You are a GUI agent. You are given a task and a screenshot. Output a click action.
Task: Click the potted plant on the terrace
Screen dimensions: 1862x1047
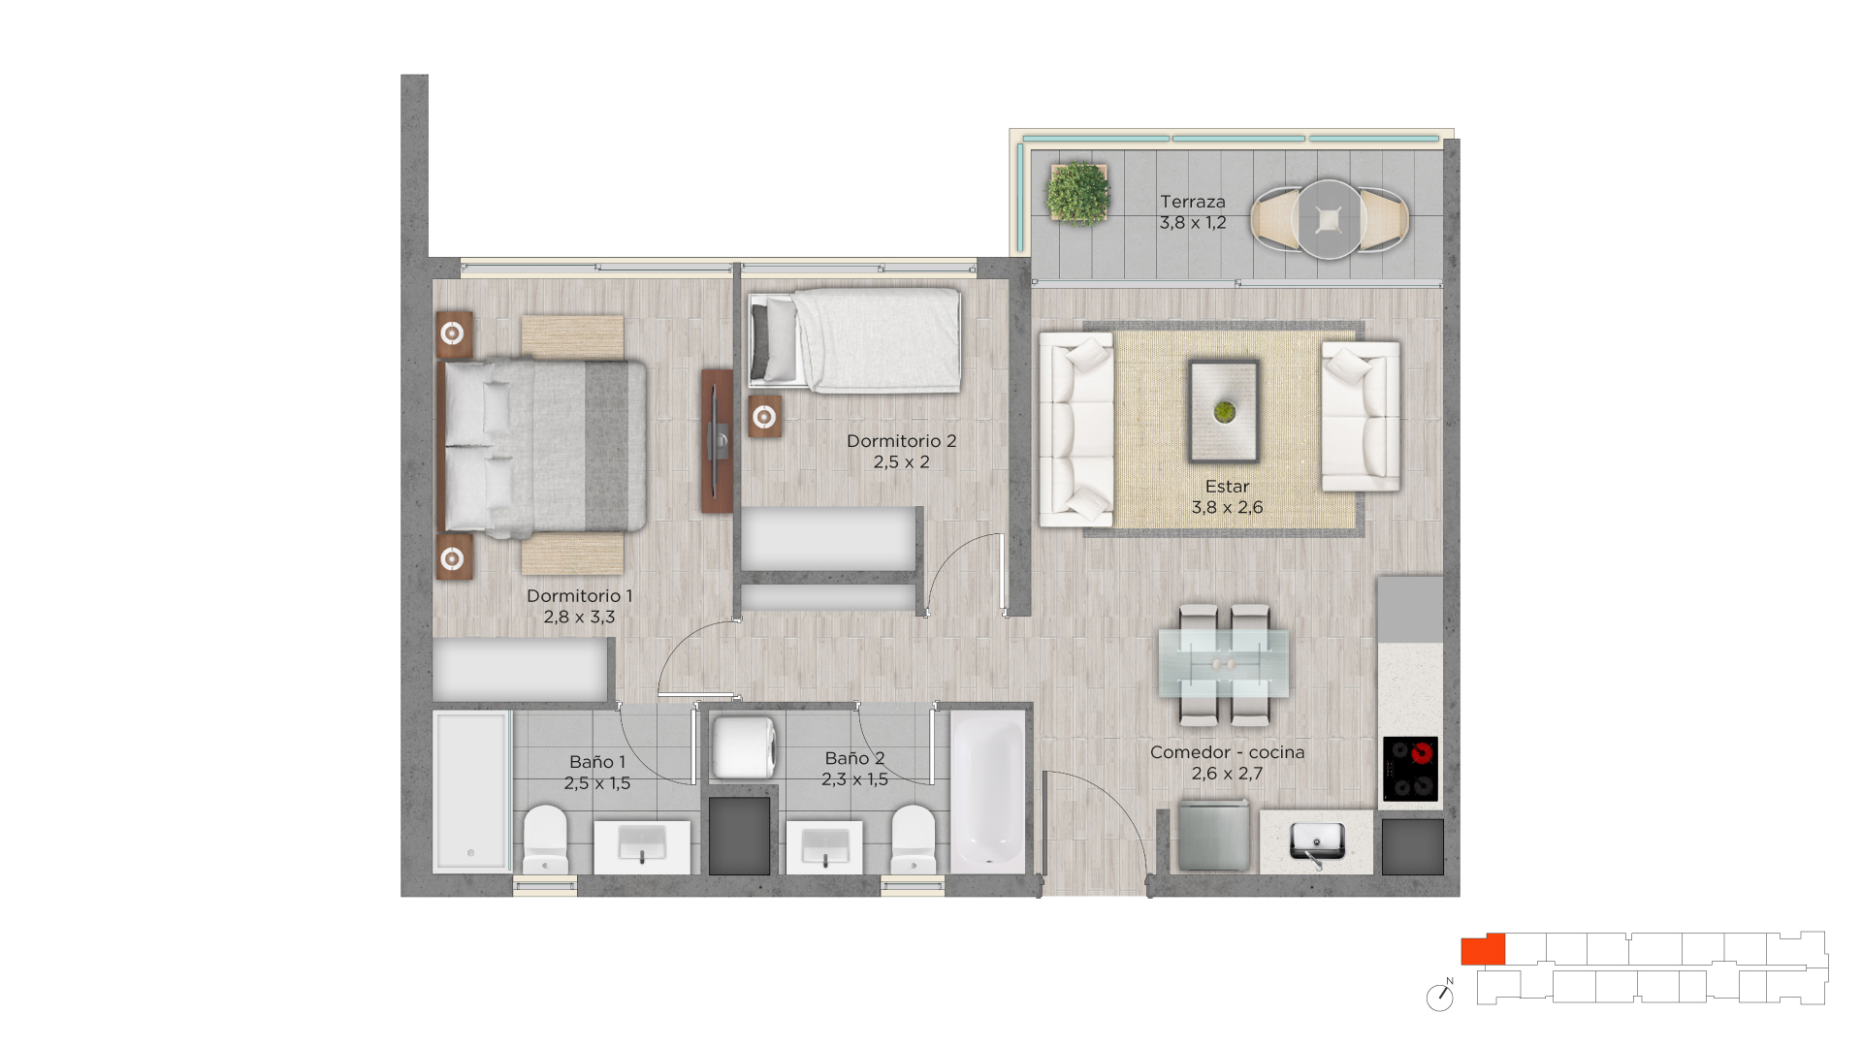1077,194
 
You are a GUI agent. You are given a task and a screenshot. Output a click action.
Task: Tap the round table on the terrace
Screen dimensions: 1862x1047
1329,220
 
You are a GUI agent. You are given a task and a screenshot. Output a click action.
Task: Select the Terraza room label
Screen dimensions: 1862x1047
1193,202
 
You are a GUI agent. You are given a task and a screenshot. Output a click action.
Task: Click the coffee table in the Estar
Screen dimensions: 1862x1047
1224,411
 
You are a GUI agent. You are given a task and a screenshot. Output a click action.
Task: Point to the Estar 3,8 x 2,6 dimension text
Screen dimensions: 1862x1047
1227,507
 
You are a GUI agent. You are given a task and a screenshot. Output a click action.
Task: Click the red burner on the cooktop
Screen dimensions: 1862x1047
1423,752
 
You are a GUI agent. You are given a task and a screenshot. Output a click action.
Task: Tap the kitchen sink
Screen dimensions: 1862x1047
1317,841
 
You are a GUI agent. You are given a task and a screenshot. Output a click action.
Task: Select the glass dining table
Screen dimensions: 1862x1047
1224,664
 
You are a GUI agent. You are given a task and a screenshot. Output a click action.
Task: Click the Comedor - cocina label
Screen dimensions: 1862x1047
1227,752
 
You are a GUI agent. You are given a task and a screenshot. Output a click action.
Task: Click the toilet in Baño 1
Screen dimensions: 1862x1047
546,840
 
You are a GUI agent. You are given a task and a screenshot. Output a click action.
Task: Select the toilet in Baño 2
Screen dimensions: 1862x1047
913,840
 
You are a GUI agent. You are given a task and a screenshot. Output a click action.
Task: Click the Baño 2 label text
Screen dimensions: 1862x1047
854,758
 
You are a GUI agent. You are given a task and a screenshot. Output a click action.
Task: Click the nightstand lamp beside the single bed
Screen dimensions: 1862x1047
764,417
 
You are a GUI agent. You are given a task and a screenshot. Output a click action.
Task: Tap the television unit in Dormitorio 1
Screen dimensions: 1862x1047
717,441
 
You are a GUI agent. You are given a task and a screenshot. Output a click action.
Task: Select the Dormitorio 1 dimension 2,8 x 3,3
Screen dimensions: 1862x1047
579,617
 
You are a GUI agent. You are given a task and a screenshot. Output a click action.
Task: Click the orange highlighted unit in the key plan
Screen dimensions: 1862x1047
1483,950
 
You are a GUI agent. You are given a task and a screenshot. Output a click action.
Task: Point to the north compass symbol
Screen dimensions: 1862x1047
1440,997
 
